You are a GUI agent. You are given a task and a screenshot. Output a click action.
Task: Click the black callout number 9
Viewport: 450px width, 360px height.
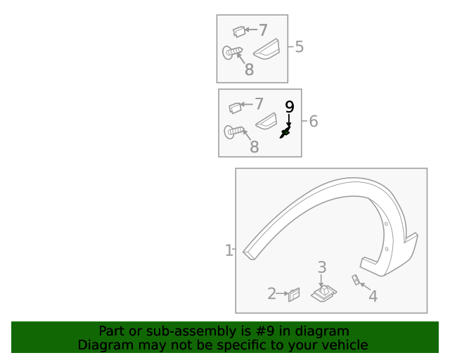290,107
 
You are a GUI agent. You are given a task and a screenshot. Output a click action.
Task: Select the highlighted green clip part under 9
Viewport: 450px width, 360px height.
285,132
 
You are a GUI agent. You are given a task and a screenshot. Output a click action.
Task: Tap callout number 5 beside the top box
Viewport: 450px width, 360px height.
299,46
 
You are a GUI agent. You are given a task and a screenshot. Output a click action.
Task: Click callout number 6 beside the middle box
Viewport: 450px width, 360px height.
314,121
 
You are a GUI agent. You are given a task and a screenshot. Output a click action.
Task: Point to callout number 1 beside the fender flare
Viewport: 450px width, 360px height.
229,250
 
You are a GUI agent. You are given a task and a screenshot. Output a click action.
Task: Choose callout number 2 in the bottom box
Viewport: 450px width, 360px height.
272,294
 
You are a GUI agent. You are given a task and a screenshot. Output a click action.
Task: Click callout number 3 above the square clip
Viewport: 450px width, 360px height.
322,267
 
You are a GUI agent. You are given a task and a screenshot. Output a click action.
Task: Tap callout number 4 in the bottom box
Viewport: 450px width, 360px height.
373,296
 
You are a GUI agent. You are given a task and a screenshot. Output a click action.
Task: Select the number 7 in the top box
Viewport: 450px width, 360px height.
263,30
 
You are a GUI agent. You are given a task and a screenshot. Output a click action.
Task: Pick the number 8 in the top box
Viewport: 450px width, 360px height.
249,70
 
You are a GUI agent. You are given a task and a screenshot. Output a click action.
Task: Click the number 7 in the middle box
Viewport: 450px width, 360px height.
259,103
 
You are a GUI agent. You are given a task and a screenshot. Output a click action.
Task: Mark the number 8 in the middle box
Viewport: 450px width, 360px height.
255,147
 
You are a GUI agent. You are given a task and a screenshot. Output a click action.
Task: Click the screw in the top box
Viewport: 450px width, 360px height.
232,52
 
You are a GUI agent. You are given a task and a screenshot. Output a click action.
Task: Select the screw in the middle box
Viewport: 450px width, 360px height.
234,131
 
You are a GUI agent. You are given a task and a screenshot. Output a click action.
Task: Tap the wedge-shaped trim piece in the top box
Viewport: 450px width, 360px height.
266,49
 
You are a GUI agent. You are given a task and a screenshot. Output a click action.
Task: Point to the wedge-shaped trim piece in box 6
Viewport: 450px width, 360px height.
266,121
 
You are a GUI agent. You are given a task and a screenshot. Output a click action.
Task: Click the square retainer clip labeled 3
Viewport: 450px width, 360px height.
324,293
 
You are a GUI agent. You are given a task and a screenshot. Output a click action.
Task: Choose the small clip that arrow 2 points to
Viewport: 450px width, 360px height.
294,295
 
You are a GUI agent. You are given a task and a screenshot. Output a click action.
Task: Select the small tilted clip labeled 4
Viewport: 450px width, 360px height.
356,280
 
